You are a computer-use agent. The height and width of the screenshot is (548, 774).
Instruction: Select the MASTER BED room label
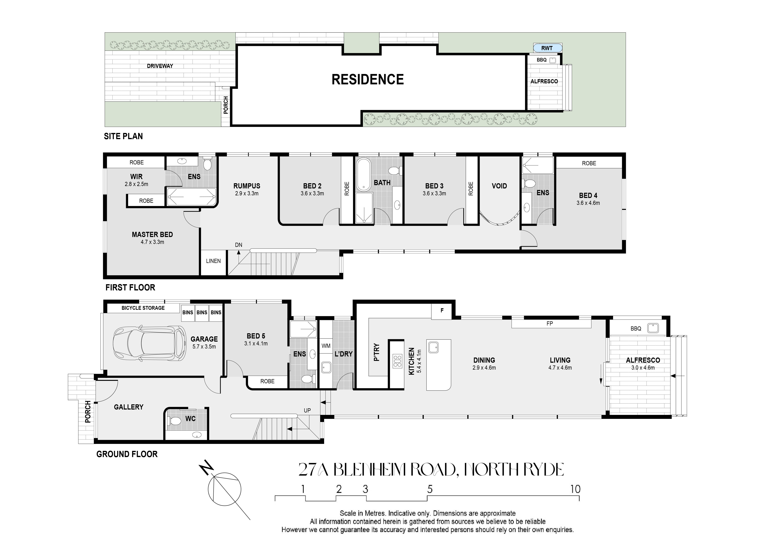[x=152, y=235]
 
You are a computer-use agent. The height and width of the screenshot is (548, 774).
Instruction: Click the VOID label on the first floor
[x=499, y=186]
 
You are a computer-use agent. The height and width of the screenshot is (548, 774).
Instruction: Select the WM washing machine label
[x=326, y=346]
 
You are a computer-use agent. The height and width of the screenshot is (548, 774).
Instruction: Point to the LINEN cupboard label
[x=213, y=261]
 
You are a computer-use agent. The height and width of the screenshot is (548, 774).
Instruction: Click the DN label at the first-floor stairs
[x=239, y=245]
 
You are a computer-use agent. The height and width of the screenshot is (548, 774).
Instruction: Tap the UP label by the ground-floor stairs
[x=307, y=410]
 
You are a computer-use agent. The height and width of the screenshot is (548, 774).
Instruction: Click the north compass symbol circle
[x=224, y=490]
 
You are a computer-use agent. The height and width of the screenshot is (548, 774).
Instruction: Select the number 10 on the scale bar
[x=575, y=489]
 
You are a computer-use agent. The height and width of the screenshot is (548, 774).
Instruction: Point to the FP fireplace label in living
[x=550, y=323]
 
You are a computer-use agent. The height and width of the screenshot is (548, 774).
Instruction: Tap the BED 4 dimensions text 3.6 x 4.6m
[x=588, y=203]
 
